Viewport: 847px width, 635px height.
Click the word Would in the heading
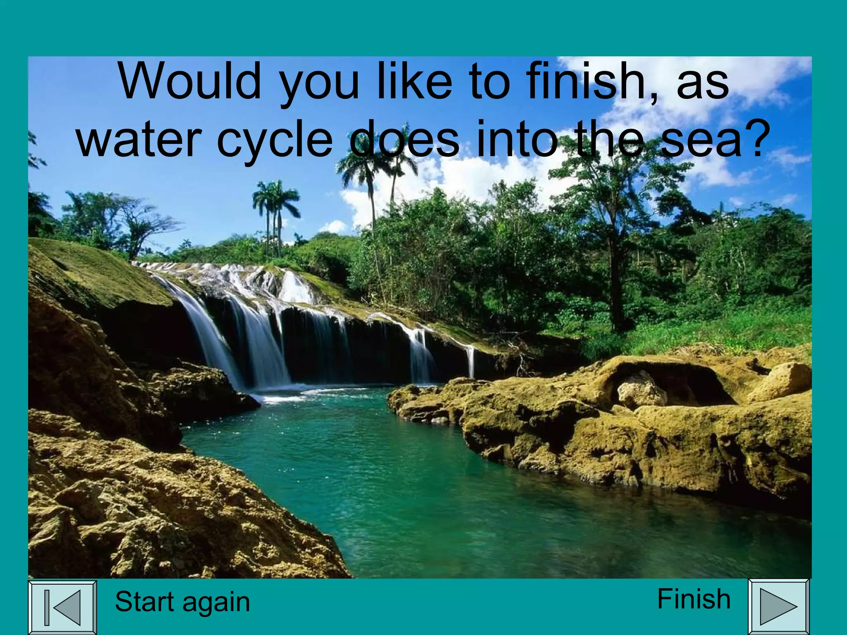coord(190,81)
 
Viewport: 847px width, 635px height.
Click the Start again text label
coord(182,602)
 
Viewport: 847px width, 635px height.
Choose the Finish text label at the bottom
coord(694,599)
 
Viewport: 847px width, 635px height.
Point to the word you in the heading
coord(320,85)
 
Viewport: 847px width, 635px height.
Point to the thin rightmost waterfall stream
coord(470,361)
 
